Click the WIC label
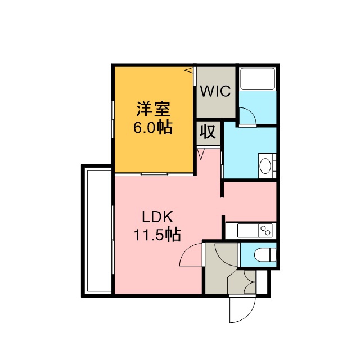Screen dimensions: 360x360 coord(215,91)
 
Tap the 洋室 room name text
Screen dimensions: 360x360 coord(154,109)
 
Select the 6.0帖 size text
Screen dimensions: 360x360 coord(153,127)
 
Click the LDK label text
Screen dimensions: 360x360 coord(157,217)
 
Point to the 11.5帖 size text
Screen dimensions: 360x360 coord(157,235)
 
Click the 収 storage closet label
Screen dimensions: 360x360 coord(208,132)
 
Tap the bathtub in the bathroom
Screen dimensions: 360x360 coord(257,79)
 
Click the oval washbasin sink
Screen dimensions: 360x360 coord(265,166)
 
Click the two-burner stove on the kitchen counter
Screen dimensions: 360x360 coord(265,230)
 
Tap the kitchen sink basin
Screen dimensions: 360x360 coord(248,230)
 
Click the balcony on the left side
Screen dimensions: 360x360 coord(98,231)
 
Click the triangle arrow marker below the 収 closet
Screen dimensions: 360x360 coord(201,154)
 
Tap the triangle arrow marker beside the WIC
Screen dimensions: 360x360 coord(189,70)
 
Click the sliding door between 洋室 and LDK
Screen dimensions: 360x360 coord(154,174)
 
